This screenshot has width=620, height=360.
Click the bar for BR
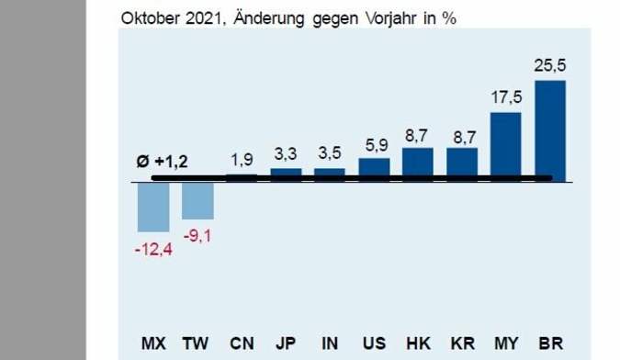tap(550, 129)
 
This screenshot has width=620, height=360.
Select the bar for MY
tap(506, 144)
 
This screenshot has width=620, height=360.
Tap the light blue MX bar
tap(153, 207)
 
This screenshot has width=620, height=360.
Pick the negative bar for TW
tap(197, 200)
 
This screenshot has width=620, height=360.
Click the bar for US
tap(374, 166)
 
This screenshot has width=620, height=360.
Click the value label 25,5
tap(550, 66)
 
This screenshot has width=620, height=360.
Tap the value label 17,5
tap(506, 97)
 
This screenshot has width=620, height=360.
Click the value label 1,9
tap(242, 160)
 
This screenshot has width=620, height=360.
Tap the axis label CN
tap(242, 343)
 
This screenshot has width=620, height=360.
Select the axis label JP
tap(286, 343)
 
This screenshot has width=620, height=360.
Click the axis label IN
tap(330, 343)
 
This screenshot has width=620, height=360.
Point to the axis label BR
tap(550, 343)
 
